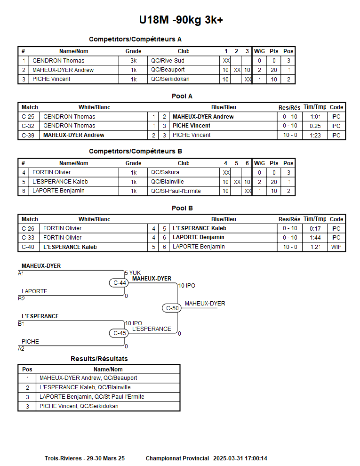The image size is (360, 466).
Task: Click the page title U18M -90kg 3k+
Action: coord(181,20)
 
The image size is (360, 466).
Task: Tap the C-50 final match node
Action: coord(173,308)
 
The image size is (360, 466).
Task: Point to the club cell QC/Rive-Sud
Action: coord(168,61)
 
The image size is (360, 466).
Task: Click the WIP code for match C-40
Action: coord(336,247)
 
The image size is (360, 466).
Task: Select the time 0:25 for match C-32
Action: coord(315,126)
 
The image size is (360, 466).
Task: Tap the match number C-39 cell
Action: coord(28,136)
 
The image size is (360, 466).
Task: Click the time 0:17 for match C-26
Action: coord(315,229)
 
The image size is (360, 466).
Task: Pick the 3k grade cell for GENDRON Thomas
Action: coord(134,61)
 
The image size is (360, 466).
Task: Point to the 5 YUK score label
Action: coord(133,273)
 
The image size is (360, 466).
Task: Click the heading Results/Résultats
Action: coord(99,359)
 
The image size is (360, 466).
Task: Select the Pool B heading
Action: coord(182,208)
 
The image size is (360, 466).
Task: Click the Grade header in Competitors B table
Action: coord(133,163)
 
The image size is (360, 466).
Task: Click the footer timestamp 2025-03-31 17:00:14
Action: coord(240,458)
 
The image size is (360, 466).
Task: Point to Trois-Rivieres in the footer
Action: coord(64,458)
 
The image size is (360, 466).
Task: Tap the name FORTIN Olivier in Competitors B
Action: coord(52,173)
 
